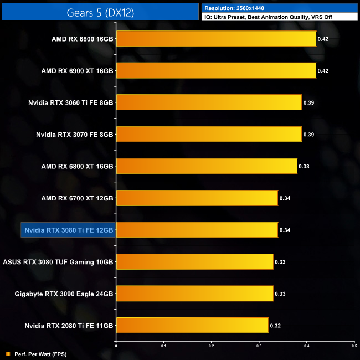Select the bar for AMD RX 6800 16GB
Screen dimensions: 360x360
pos(216,39)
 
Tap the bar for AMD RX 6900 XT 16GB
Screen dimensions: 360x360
pos(216,70)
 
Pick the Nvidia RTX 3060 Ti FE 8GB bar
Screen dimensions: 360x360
pos(209,102)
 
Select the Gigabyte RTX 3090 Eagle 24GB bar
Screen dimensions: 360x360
pos(194,294)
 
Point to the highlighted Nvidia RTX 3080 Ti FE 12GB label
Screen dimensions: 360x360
pos(68,230)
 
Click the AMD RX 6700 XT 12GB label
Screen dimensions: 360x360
pos(77,198)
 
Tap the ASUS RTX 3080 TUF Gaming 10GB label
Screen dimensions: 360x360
pos(58,261)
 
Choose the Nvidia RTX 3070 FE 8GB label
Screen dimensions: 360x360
pos(74,134)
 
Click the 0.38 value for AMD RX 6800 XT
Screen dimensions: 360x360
pos(304,166)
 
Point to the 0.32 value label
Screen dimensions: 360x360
pos(275,326)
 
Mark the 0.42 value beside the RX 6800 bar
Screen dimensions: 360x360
pos(323,39)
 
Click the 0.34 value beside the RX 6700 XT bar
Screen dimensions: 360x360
pos(285,198)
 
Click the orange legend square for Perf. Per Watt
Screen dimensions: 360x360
pos(7,353)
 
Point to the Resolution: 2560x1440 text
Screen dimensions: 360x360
pos(234,8)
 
